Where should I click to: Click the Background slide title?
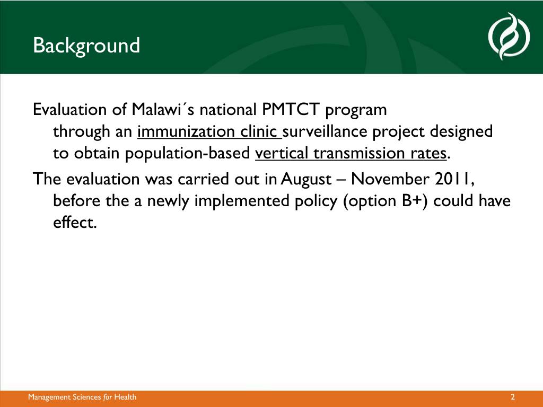[x=86, y=46]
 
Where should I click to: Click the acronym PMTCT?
[x=290, y=110]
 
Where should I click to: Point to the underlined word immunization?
[x=186, y=131]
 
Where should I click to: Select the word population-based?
[x=187, y=153]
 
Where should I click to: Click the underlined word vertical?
[x=282, y=153]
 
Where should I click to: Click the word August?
[x=306, y=180]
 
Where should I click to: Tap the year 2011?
[x=453, y=179]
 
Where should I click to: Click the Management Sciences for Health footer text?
[x=82, y=397]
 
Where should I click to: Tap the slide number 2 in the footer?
[x=513, y=397]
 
